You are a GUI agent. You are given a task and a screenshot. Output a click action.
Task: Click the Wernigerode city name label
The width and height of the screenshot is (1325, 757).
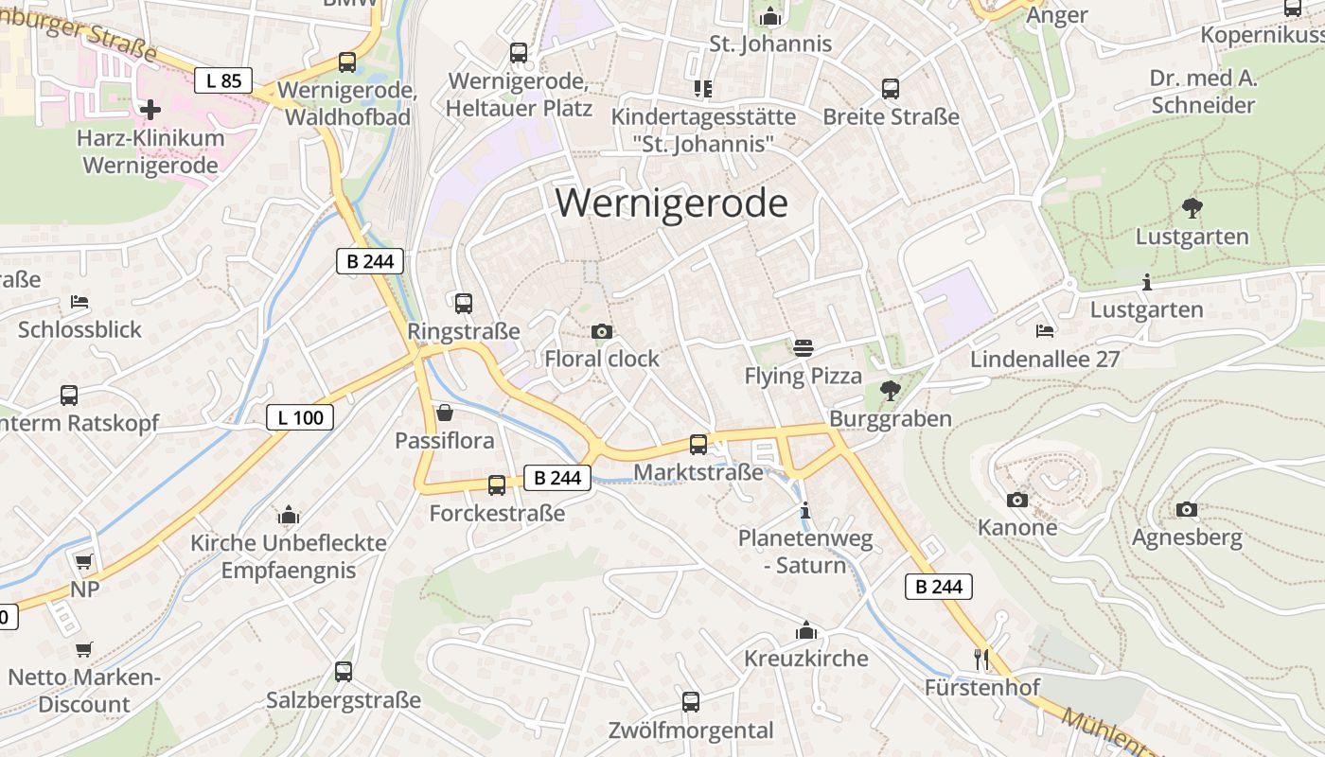click(671, 203)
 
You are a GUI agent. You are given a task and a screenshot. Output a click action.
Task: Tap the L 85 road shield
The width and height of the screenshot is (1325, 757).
click(223, 80)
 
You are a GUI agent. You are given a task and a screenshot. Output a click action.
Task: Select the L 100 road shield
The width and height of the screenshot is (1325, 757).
click(300, 417)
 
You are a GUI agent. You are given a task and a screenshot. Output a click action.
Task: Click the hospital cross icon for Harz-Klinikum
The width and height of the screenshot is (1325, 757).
click(150, 110)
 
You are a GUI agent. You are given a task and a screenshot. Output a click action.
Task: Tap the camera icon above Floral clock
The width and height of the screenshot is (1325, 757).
click(601, 331)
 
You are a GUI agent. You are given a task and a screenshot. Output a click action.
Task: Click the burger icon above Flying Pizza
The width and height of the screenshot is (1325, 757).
click(804, 348)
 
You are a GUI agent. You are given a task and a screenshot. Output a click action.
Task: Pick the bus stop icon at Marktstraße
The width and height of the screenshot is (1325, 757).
click(698, 444)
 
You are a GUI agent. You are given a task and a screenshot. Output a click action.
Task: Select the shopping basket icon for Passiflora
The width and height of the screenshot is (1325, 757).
click(444, 413)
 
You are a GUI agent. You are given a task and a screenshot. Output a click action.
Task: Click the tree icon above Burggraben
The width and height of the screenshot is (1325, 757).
click(890, 390)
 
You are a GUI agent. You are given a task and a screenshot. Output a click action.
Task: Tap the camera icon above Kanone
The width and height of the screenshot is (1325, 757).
click(1017, 500)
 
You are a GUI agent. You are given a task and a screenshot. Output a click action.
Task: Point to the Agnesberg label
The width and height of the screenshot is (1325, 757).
click(1187, 537)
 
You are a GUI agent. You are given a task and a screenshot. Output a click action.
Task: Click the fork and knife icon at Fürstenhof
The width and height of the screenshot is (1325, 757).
click(981, 659)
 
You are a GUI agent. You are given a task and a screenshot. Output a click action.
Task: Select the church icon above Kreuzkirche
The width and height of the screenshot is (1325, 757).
click(806, 630)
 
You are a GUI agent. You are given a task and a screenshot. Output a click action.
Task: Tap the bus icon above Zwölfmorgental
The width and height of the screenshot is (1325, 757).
click(691, 702)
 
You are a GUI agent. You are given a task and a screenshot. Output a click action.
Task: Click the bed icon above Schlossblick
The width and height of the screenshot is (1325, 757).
click(79, 302)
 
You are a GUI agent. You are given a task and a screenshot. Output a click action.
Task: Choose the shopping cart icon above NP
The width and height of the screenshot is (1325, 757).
click(83, 562)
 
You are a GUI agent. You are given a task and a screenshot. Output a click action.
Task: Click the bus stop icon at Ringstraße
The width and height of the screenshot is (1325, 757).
click(463, 304)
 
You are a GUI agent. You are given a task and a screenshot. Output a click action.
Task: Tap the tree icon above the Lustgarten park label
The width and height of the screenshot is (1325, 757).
click(1192, 208)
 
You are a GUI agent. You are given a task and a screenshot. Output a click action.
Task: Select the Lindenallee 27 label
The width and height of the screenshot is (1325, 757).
click(1045, 360)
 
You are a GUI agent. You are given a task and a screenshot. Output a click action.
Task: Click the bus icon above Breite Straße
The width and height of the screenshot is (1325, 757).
click(891, 89)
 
